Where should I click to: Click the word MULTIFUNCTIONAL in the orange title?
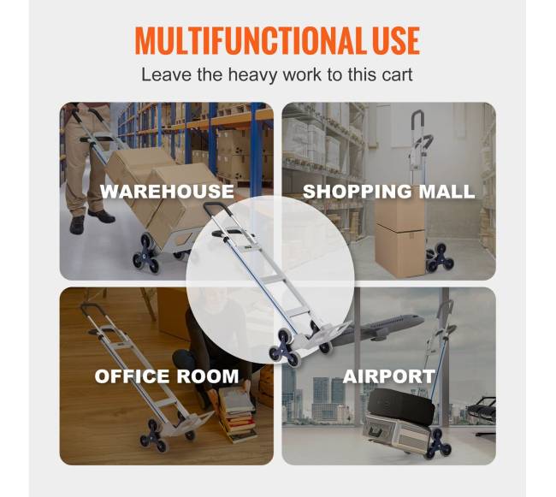[247, 40]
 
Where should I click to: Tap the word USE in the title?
[393, 40]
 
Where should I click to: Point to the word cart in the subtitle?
[398, 75]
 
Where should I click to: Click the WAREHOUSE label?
[167, 192]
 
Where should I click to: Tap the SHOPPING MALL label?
[388, 192]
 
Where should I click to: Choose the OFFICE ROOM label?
[167, 376]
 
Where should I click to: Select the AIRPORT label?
[389, 376]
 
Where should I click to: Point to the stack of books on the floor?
[239, 414]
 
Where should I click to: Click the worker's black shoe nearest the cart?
[102, 216]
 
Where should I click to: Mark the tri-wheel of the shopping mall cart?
[440, 257]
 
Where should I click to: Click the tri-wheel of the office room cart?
[153, 435]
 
